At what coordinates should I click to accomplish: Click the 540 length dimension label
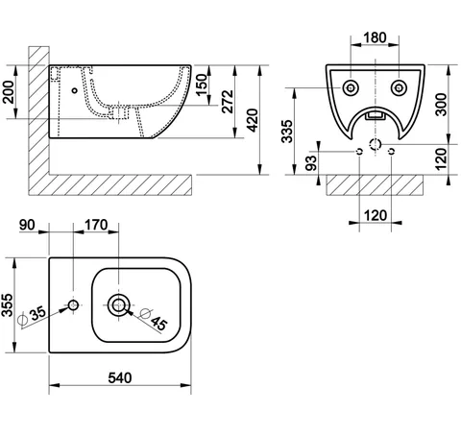tap(120, 378)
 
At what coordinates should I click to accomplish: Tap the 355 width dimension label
tap(7, 305)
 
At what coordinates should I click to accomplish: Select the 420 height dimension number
tap(253, 120)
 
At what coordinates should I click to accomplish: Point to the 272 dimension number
tap(228, 102)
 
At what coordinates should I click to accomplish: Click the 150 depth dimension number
tap(202, 85)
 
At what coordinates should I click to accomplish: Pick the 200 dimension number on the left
tap(9, 92)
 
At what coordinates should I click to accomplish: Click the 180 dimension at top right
tap(375, 37)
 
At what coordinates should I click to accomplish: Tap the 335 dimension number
tap(287, 132)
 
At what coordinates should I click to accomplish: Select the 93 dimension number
tap(311, 163)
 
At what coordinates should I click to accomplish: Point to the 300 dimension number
tap(442, 105)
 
